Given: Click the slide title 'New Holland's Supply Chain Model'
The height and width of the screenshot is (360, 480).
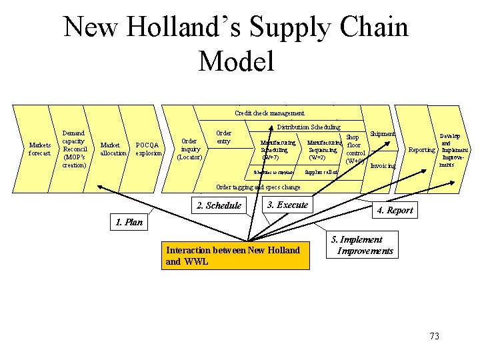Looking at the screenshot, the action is point(236,44).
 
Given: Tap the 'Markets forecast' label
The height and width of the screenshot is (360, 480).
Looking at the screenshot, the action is point(39,148).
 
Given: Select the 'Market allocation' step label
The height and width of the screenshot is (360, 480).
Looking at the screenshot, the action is point(113,149).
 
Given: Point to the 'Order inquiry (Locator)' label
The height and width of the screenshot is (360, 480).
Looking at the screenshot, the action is point(190,149).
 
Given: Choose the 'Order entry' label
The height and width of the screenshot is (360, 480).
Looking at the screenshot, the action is point(223,137).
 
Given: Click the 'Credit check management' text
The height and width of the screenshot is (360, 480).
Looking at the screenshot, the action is point(269,113).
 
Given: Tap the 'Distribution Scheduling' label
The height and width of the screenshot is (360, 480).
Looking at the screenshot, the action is point(308,127).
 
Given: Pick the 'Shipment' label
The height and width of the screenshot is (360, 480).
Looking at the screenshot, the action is point(383,134).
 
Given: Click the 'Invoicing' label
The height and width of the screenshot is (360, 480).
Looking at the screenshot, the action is point(383,165).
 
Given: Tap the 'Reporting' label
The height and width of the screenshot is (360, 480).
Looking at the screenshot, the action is point(421,150).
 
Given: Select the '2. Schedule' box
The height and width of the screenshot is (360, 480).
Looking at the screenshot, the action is point(219,205).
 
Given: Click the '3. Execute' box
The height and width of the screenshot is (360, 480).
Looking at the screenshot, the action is point(287,205).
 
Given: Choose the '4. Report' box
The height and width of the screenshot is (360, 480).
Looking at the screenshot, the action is point(395,211).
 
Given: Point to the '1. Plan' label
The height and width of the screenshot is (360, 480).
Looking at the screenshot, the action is point(129,222).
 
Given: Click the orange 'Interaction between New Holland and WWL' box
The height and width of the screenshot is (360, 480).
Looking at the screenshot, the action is point(236,255).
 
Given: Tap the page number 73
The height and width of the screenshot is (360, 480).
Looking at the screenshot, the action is point(435,336).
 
